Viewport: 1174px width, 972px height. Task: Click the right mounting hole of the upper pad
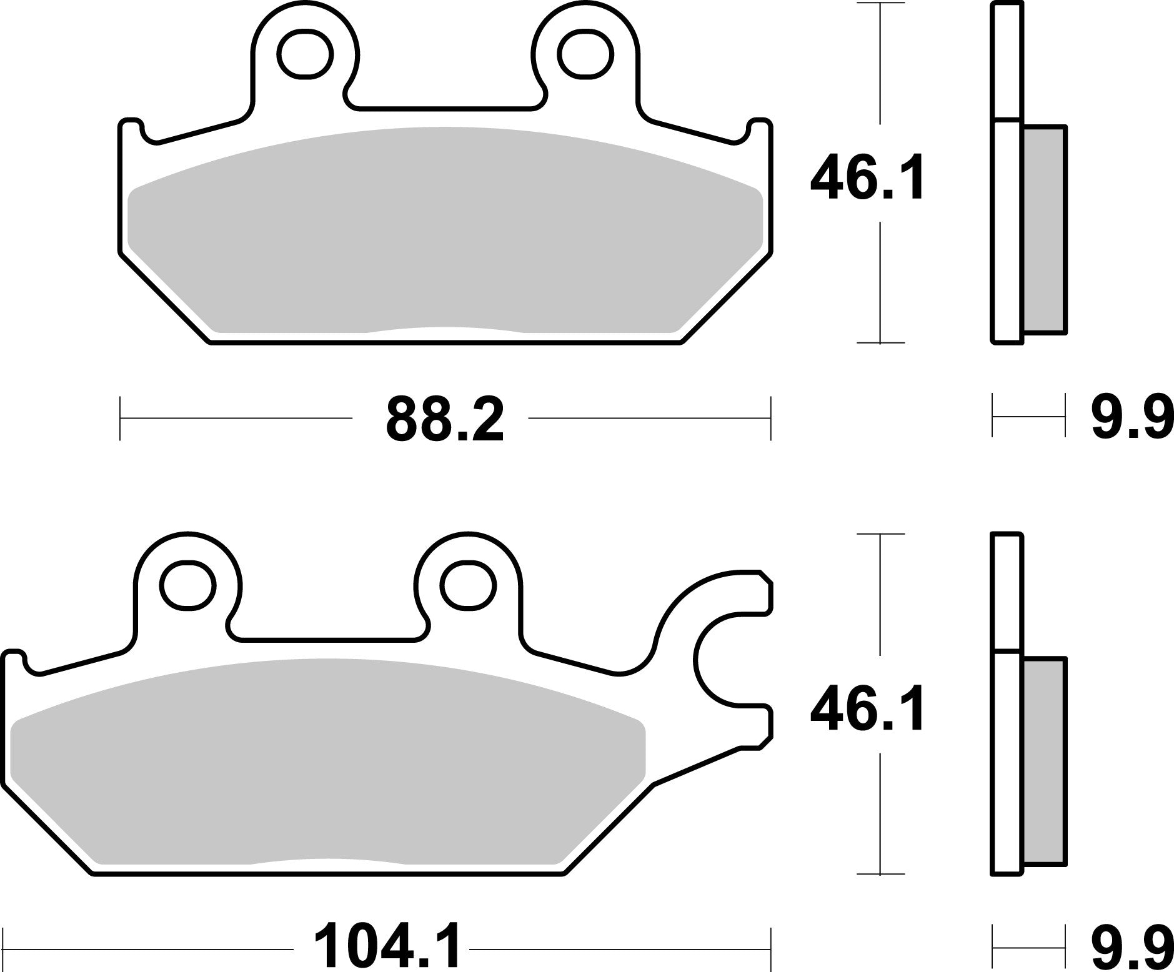[585, 55]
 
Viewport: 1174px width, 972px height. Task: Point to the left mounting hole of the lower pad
[187, 585]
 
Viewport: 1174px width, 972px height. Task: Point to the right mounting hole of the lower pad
[467, 585]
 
